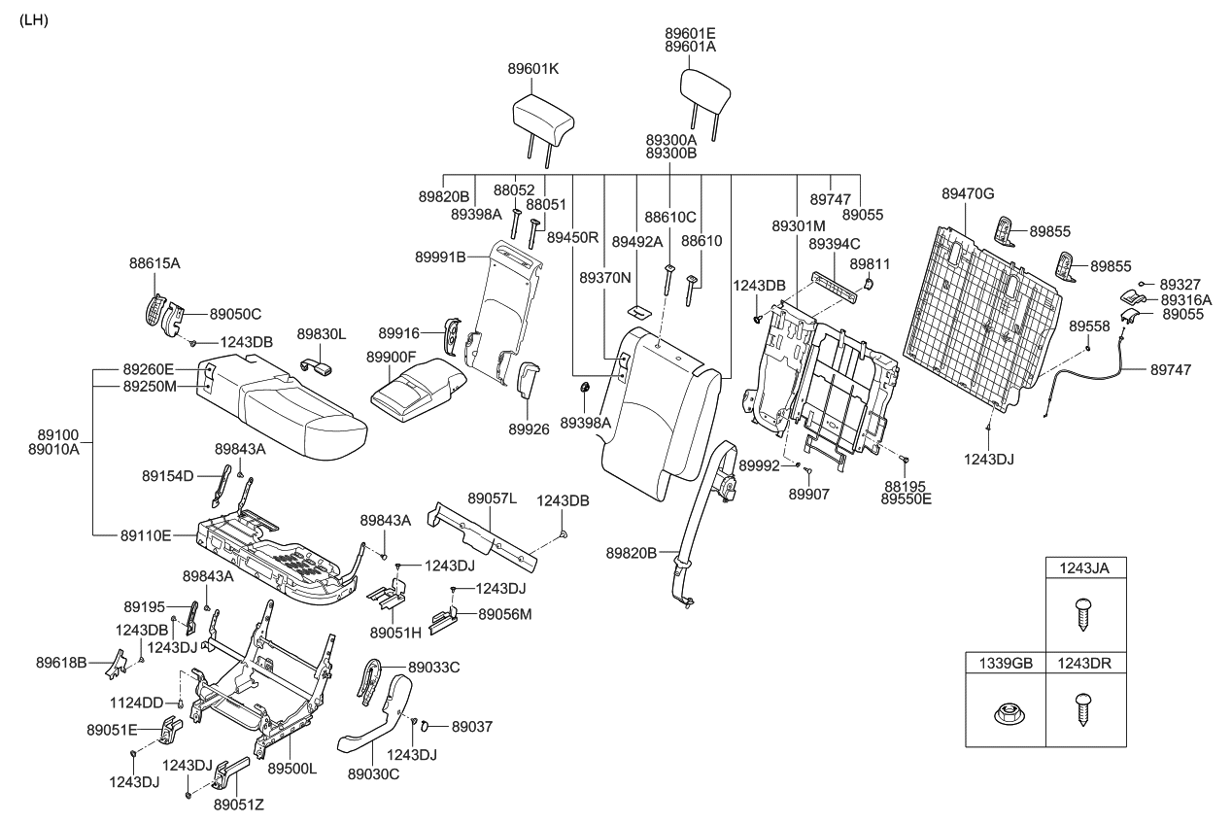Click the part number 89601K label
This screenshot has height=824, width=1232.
pyautogui.click(x=533, y=69)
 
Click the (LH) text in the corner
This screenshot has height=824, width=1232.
pyautogui.click(x=33, y=20)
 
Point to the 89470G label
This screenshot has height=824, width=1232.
pyautogui.click(x=968, y=194)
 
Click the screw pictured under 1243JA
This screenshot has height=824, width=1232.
pyautogui.click(x=1085, y=614)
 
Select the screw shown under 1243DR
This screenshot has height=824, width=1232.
pyautogui.click(x=1085, y=708)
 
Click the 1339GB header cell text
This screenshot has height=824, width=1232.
pyautogui.click(x=1006, y=663)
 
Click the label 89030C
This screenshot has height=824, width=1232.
pyautogui.click(x=373, y=773)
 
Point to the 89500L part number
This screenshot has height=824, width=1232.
pyautogui.click(x=293, y=769)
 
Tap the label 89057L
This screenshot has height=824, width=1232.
pyautogui.click(x=493, y=498)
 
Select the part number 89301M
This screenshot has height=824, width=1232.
pyautogui.click(x=799, y=225)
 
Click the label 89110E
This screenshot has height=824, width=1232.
pyautogui.click(x=147, y=534)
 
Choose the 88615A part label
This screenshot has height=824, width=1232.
pyautogui.click(x=154, y=262)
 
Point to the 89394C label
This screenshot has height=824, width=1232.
pyautogui.click(x=835, y=243)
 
